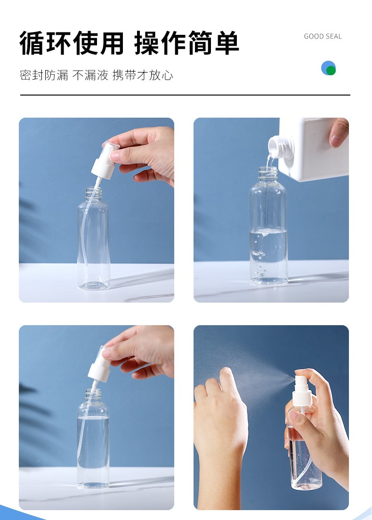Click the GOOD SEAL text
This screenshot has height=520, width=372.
(323, 37)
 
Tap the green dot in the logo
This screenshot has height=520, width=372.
(331, 70)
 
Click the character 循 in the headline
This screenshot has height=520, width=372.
(32, 43)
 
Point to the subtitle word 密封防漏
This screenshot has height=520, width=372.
(44, 75)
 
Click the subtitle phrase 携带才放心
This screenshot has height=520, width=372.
(143, 75)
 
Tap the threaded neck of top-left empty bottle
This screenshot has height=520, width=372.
(93, 193)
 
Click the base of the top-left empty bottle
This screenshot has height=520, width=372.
(94, 285)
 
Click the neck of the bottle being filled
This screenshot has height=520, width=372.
(268, 174)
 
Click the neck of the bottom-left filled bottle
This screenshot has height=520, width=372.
(93, 395)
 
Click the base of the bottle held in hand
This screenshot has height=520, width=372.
(307, 485)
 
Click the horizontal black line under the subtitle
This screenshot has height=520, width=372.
(185, 95)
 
